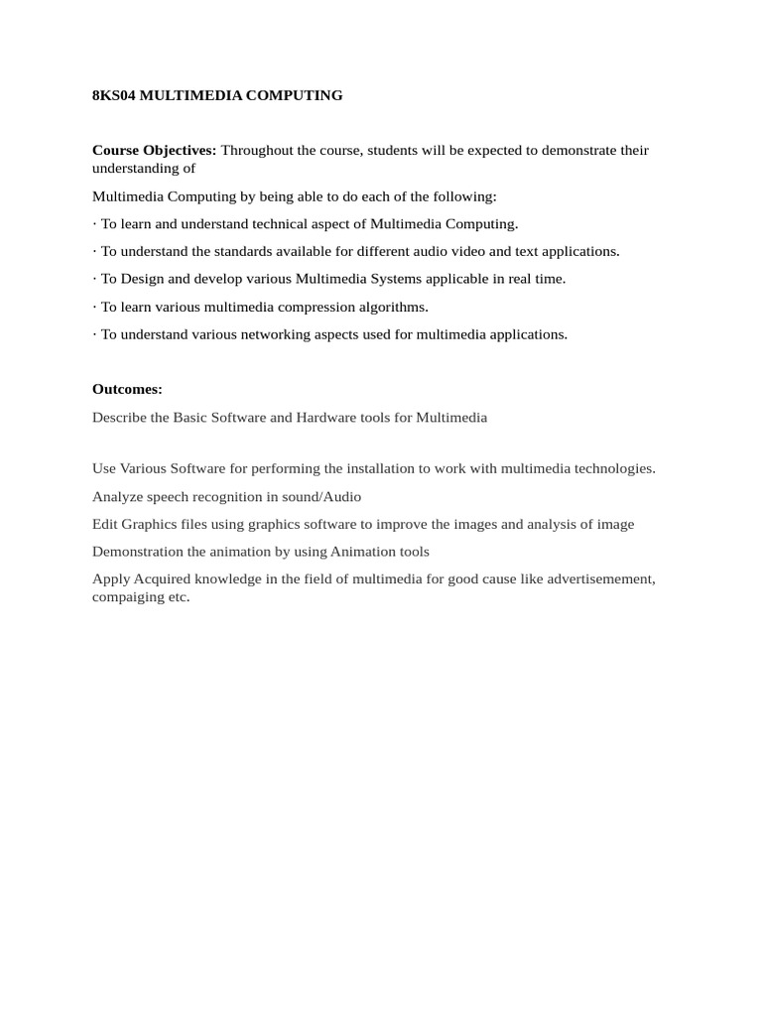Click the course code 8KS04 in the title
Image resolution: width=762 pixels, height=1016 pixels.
point(113,95)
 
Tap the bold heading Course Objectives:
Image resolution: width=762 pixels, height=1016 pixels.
point(154,150)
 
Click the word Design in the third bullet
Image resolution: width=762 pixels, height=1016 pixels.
point(141,279)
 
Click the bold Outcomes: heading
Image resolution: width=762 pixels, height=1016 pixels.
point(127,389)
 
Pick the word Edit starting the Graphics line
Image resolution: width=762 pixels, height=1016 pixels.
point(105,524)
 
